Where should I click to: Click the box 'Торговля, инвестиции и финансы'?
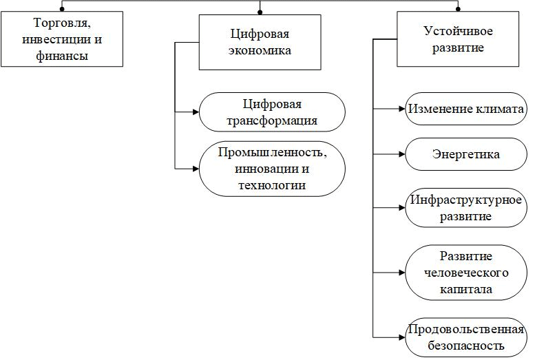pos(62,39)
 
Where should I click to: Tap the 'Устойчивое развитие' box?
pos(458,39)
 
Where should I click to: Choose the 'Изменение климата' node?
pos(466,109)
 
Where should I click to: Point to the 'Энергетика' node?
pos(466,154)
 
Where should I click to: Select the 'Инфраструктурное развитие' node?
pos(466,208)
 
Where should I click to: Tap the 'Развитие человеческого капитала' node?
pos(466,273)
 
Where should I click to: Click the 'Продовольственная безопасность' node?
pos(466,337)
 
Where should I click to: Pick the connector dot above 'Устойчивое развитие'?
pos(458,10)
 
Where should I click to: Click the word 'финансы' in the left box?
pos(62,55)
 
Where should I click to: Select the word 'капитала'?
pos(466,289)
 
